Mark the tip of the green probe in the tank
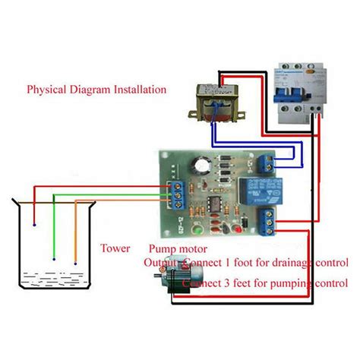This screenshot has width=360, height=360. pyautogui.click(x=55, y=260)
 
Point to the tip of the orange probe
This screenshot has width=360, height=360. pyautogui.click(x=74, y=259)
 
